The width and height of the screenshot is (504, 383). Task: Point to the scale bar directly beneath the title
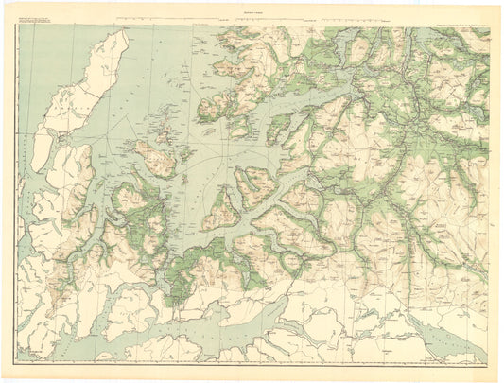(251, 20)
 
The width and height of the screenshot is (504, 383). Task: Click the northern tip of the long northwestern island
(122, 33)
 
